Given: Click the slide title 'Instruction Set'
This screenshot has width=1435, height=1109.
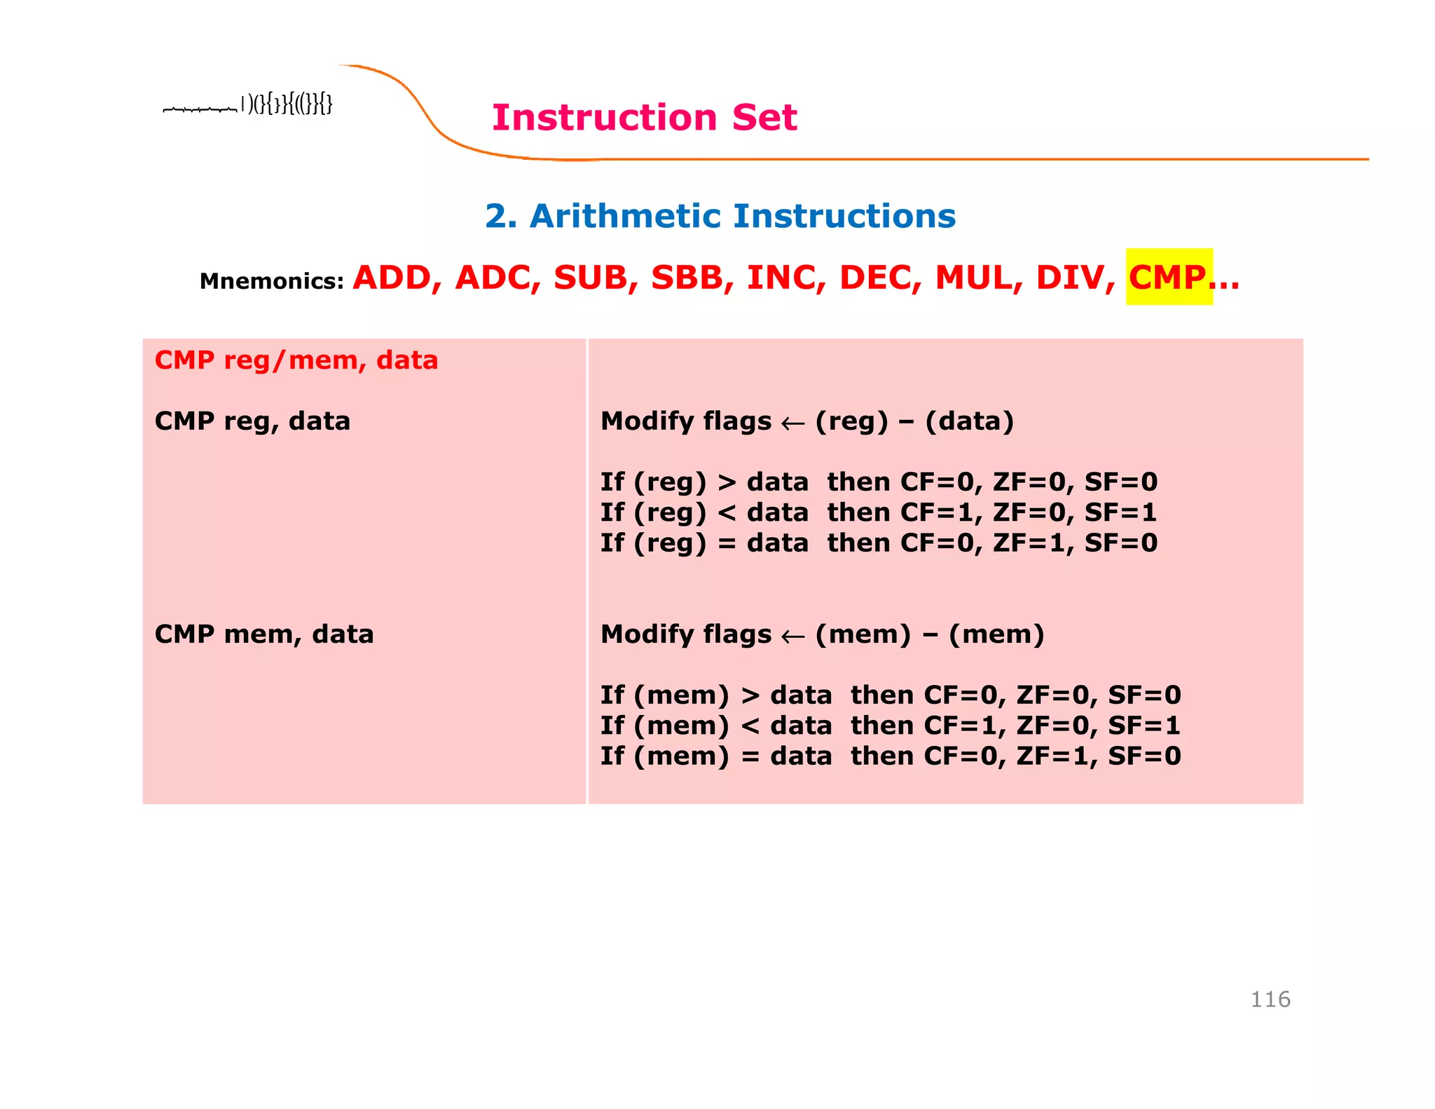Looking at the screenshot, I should tap(644, 117).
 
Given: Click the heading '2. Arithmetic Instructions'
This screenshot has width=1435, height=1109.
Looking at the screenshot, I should tap(720, 216).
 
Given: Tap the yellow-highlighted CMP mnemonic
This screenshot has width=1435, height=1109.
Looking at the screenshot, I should tap(1167, 278).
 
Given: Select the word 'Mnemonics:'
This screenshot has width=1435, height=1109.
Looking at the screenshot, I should tap(272, 281).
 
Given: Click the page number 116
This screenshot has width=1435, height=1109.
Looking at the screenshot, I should tap(1270, 999).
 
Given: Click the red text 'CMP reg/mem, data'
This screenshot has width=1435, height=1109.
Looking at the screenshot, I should tap(296, 360).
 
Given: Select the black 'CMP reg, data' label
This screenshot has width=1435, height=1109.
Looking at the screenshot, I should tap(252, 421).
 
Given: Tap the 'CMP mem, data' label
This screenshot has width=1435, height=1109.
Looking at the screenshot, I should tap(264, 634).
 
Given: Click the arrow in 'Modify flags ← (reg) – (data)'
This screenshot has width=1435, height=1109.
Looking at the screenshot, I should tap(792, 423).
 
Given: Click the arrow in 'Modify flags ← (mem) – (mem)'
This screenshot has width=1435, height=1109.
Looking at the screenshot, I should tap(792, 637).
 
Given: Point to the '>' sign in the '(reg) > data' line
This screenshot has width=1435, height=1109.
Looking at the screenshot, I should tap(727, 482).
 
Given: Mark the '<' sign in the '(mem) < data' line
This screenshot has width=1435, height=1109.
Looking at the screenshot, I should tap(750, 726).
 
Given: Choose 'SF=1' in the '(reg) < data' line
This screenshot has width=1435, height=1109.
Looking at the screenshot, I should tap(1120, 512).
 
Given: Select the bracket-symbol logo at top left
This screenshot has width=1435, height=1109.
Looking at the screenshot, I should tap(247, 105).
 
